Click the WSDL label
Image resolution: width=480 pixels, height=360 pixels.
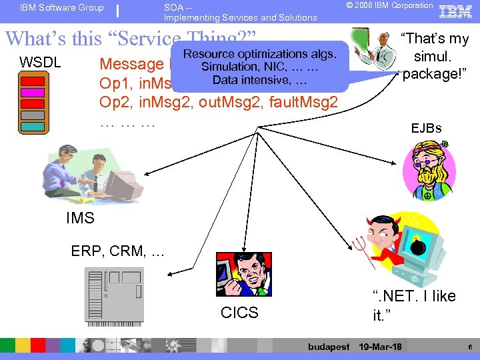(x=40, y=63)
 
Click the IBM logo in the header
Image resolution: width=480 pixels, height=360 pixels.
(x=457, y=10)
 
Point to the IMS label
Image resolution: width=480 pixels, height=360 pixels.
(x=80, y=218)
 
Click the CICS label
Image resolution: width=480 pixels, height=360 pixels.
(x=239, y=313)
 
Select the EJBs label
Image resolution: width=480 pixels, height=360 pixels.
(x=426, y=128)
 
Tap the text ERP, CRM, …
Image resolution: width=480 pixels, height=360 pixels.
(x=117, y=251)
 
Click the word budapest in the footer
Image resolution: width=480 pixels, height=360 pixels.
(x=329, y=347)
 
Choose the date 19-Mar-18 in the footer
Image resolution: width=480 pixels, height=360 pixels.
(x=380, y=347)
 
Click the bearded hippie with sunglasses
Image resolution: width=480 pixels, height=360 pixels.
(x=426, y=171)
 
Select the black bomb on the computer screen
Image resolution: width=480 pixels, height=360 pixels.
(x=419, y=245)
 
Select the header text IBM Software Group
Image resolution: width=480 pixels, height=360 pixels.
(x=62, y=8)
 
